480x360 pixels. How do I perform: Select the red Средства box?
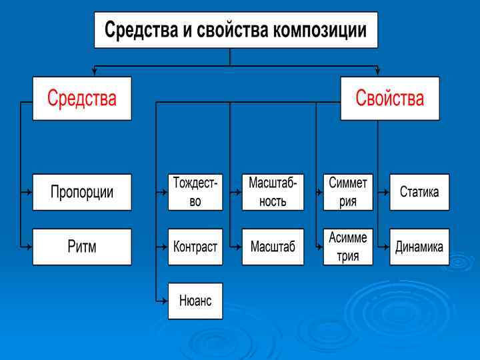click(x=82, y=99)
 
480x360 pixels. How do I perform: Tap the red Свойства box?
click(x=389, y=99)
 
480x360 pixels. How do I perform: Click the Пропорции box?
click(x=82, y=192)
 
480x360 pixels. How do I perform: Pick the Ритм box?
click(x=82, y=247)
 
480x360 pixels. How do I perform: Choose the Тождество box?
click(x=195, y=192)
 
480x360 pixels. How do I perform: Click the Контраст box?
click(x=195, y=247)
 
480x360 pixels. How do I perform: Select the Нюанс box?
click(x=195, y=301)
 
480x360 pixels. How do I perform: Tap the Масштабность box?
click(x=273, y=192)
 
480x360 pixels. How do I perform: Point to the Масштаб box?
click(x=273, y=247)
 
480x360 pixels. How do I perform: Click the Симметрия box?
click(x=348, y=192)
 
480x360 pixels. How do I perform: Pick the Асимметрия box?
click(x=348, y=247)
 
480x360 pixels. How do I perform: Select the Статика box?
click(x=419, y=192)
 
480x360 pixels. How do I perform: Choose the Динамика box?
click(x=419, y=247)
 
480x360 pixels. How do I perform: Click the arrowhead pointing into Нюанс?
click(x=164, y=301)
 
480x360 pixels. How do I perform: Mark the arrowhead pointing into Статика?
click(x=386, y=192)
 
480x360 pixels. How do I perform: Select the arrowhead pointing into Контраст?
click(x=164, y=247)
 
